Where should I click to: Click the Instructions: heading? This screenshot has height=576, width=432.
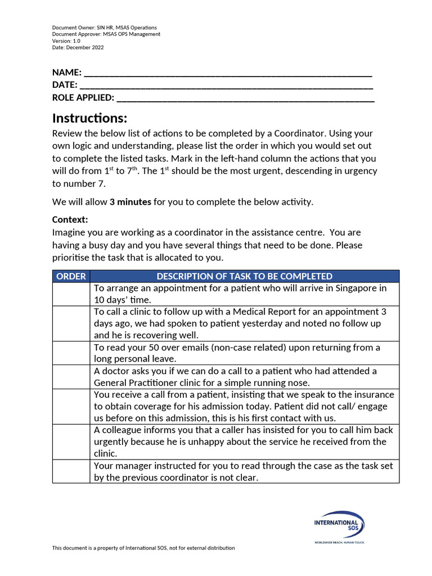point(89,119)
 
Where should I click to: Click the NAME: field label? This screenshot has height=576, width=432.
point(67,73)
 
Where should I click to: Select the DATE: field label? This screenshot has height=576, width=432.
point(65,85)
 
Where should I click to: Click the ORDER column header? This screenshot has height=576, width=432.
point(71,276)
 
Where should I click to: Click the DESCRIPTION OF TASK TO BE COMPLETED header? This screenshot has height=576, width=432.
point(244,276)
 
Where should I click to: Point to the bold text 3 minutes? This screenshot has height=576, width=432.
point(130,202)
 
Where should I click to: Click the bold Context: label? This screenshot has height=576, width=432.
point(70,219)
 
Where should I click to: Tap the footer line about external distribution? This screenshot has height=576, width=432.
point(143,548)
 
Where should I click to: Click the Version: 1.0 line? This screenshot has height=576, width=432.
point(66,40)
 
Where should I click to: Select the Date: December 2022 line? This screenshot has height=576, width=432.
point(78,47)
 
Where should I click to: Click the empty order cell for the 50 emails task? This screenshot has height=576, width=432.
point(71,353)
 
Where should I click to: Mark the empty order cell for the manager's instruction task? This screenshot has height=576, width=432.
point(71,471)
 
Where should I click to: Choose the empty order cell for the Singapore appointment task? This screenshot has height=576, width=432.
point(71,294)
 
